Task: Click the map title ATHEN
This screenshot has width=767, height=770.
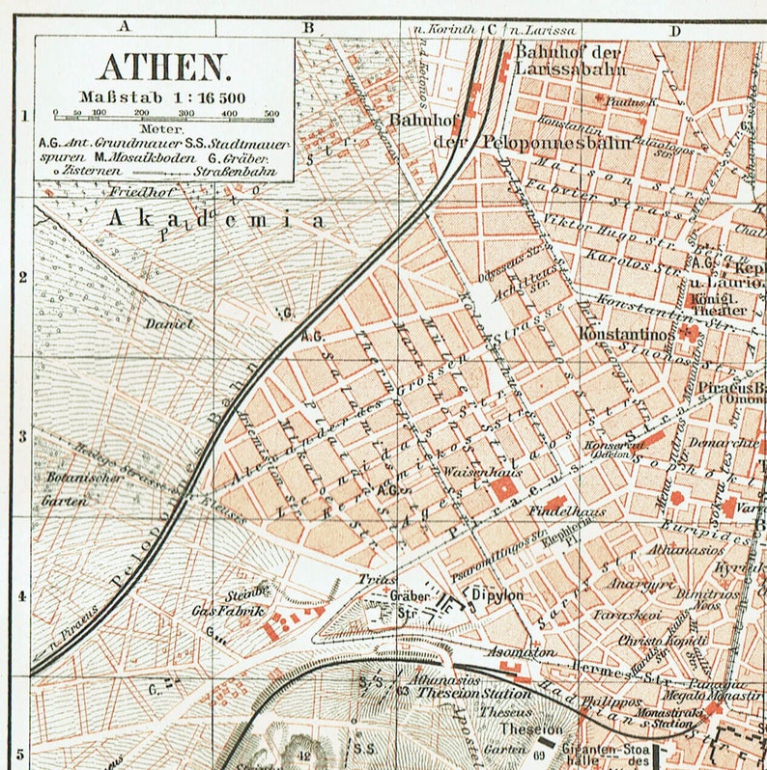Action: click(x=164, y=67)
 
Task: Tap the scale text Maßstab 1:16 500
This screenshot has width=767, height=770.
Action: click(x=163, y=96)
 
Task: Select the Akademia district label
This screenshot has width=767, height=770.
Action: click(x=216, y=219)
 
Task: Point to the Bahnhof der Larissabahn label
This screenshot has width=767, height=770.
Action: click(x=570, y=60)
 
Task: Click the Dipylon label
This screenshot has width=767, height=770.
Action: click(x=497, y=595)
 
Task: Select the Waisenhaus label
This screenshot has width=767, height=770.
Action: click(x=470, y=472)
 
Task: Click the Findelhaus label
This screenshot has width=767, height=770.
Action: click(x=561, y=503)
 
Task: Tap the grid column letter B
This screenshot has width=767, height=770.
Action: click(x=308, y=28)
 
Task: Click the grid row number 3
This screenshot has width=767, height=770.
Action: click(x=22, y=435)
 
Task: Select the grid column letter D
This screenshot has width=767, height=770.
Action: click(x=675, y=29)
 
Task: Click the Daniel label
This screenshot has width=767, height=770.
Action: click(x=169, y=324)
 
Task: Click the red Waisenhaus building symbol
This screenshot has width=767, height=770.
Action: click(x=502, y=491)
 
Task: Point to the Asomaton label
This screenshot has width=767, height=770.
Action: click(x=523, y=652)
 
